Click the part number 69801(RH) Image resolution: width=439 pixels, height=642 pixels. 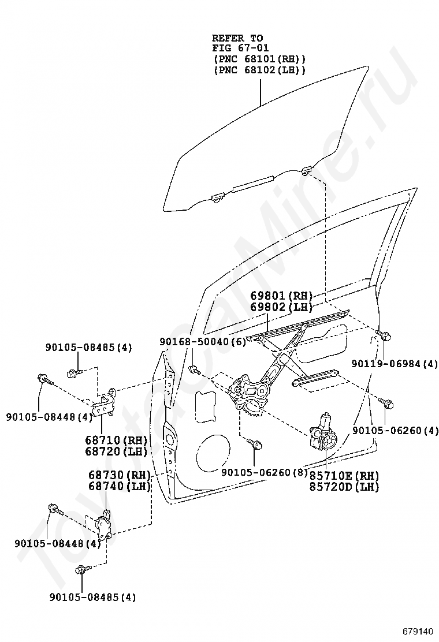281,296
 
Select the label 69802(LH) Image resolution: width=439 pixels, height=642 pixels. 281,307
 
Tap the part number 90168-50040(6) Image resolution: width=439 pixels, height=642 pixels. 203,342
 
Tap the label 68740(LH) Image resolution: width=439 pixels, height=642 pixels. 119,486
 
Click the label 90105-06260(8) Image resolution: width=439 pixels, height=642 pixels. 265,472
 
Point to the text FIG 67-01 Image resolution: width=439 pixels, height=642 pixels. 240,48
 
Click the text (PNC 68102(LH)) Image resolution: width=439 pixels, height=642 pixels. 259,70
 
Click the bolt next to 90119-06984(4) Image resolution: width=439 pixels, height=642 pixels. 382,334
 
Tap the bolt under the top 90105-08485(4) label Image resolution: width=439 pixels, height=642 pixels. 74,372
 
